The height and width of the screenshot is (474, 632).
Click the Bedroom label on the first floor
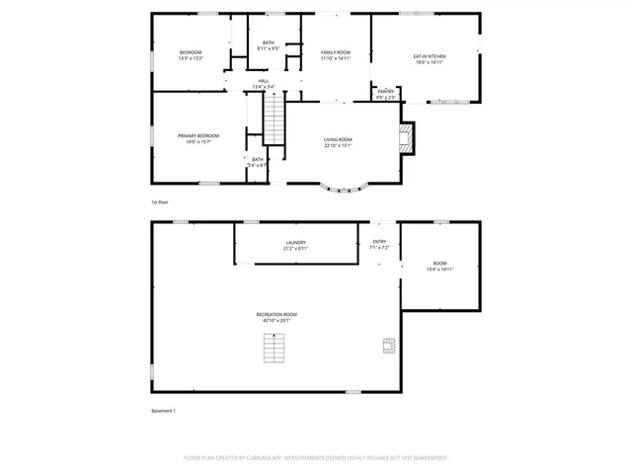(191, 51)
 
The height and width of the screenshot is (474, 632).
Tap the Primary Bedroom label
(198, 135)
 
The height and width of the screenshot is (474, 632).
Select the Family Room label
(336, 51)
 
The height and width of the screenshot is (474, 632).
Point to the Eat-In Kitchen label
(429, 56)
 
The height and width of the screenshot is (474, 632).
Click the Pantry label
(385, 91)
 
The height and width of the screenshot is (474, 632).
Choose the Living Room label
(338, 139)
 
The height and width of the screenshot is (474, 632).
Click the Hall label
(264, 81)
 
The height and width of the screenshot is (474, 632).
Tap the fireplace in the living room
(406, 137)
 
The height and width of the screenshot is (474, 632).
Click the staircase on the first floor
(274, 119)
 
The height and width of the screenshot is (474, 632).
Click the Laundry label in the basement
(295, 242)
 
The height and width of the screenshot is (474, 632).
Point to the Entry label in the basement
(380, 241)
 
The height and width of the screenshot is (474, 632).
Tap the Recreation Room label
(279, 314)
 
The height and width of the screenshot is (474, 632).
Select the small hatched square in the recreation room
(389, 347)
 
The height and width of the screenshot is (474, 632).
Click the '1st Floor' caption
(159, 202)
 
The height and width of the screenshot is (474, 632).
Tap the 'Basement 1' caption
(163, 411)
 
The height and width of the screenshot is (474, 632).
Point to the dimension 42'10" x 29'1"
(279, 320)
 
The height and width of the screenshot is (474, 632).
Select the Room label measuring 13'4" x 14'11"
(439, 264)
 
